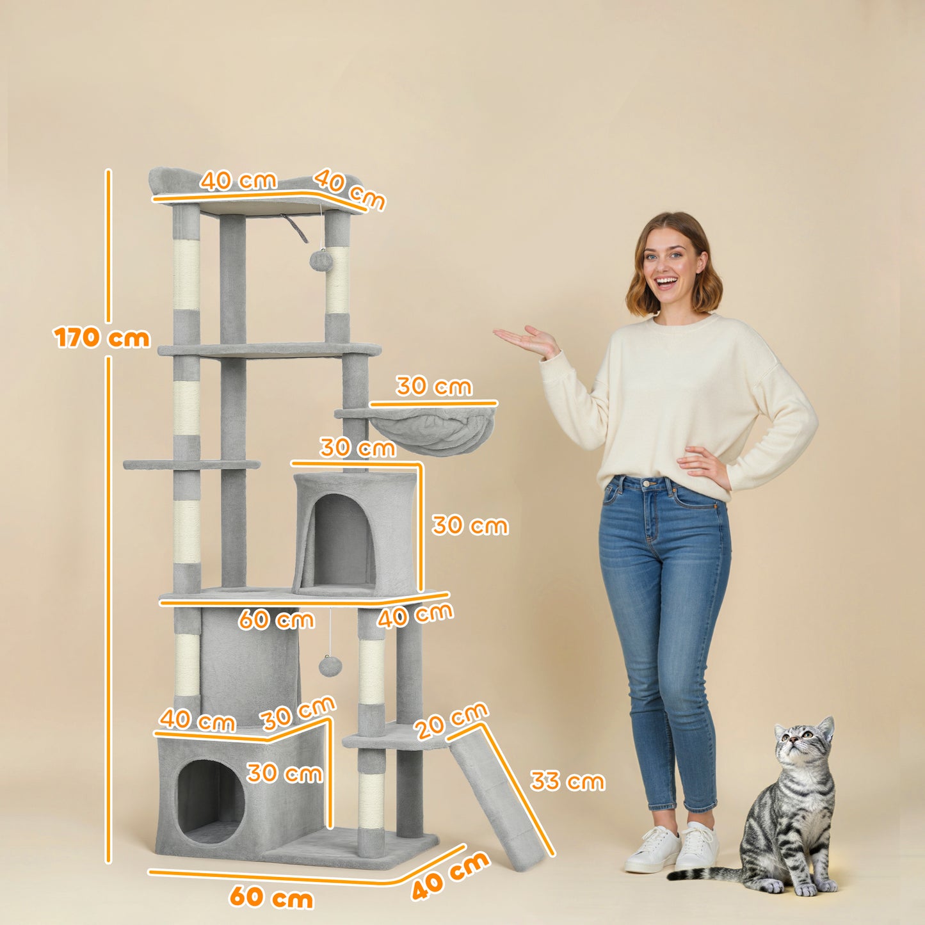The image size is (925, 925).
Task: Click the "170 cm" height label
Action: coord(102,338)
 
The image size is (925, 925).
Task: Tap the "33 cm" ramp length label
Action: coord(567,782)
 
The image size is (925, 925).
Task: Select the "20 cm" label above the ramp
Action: coord(451,721)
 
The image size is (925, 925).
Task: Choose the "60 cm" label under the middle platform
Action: coord(276,620)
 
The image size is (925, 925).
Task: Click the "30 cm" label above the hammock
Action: coord(433,387)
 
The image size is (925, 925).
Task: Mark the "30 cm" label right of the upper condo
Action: coord(470,526)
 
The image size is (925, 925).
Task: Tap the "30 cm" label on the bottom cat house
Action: coord(284,773)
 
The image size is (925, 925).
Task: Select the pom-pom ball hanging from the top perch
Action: coord(319,260)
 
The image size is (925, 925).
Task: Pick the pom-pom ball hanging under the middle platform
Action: coord(330,666)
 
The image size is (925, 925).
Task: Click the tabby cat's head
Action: coord(803,744)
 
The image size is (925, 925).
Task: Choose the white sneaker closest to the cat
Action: coord(697,846)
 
